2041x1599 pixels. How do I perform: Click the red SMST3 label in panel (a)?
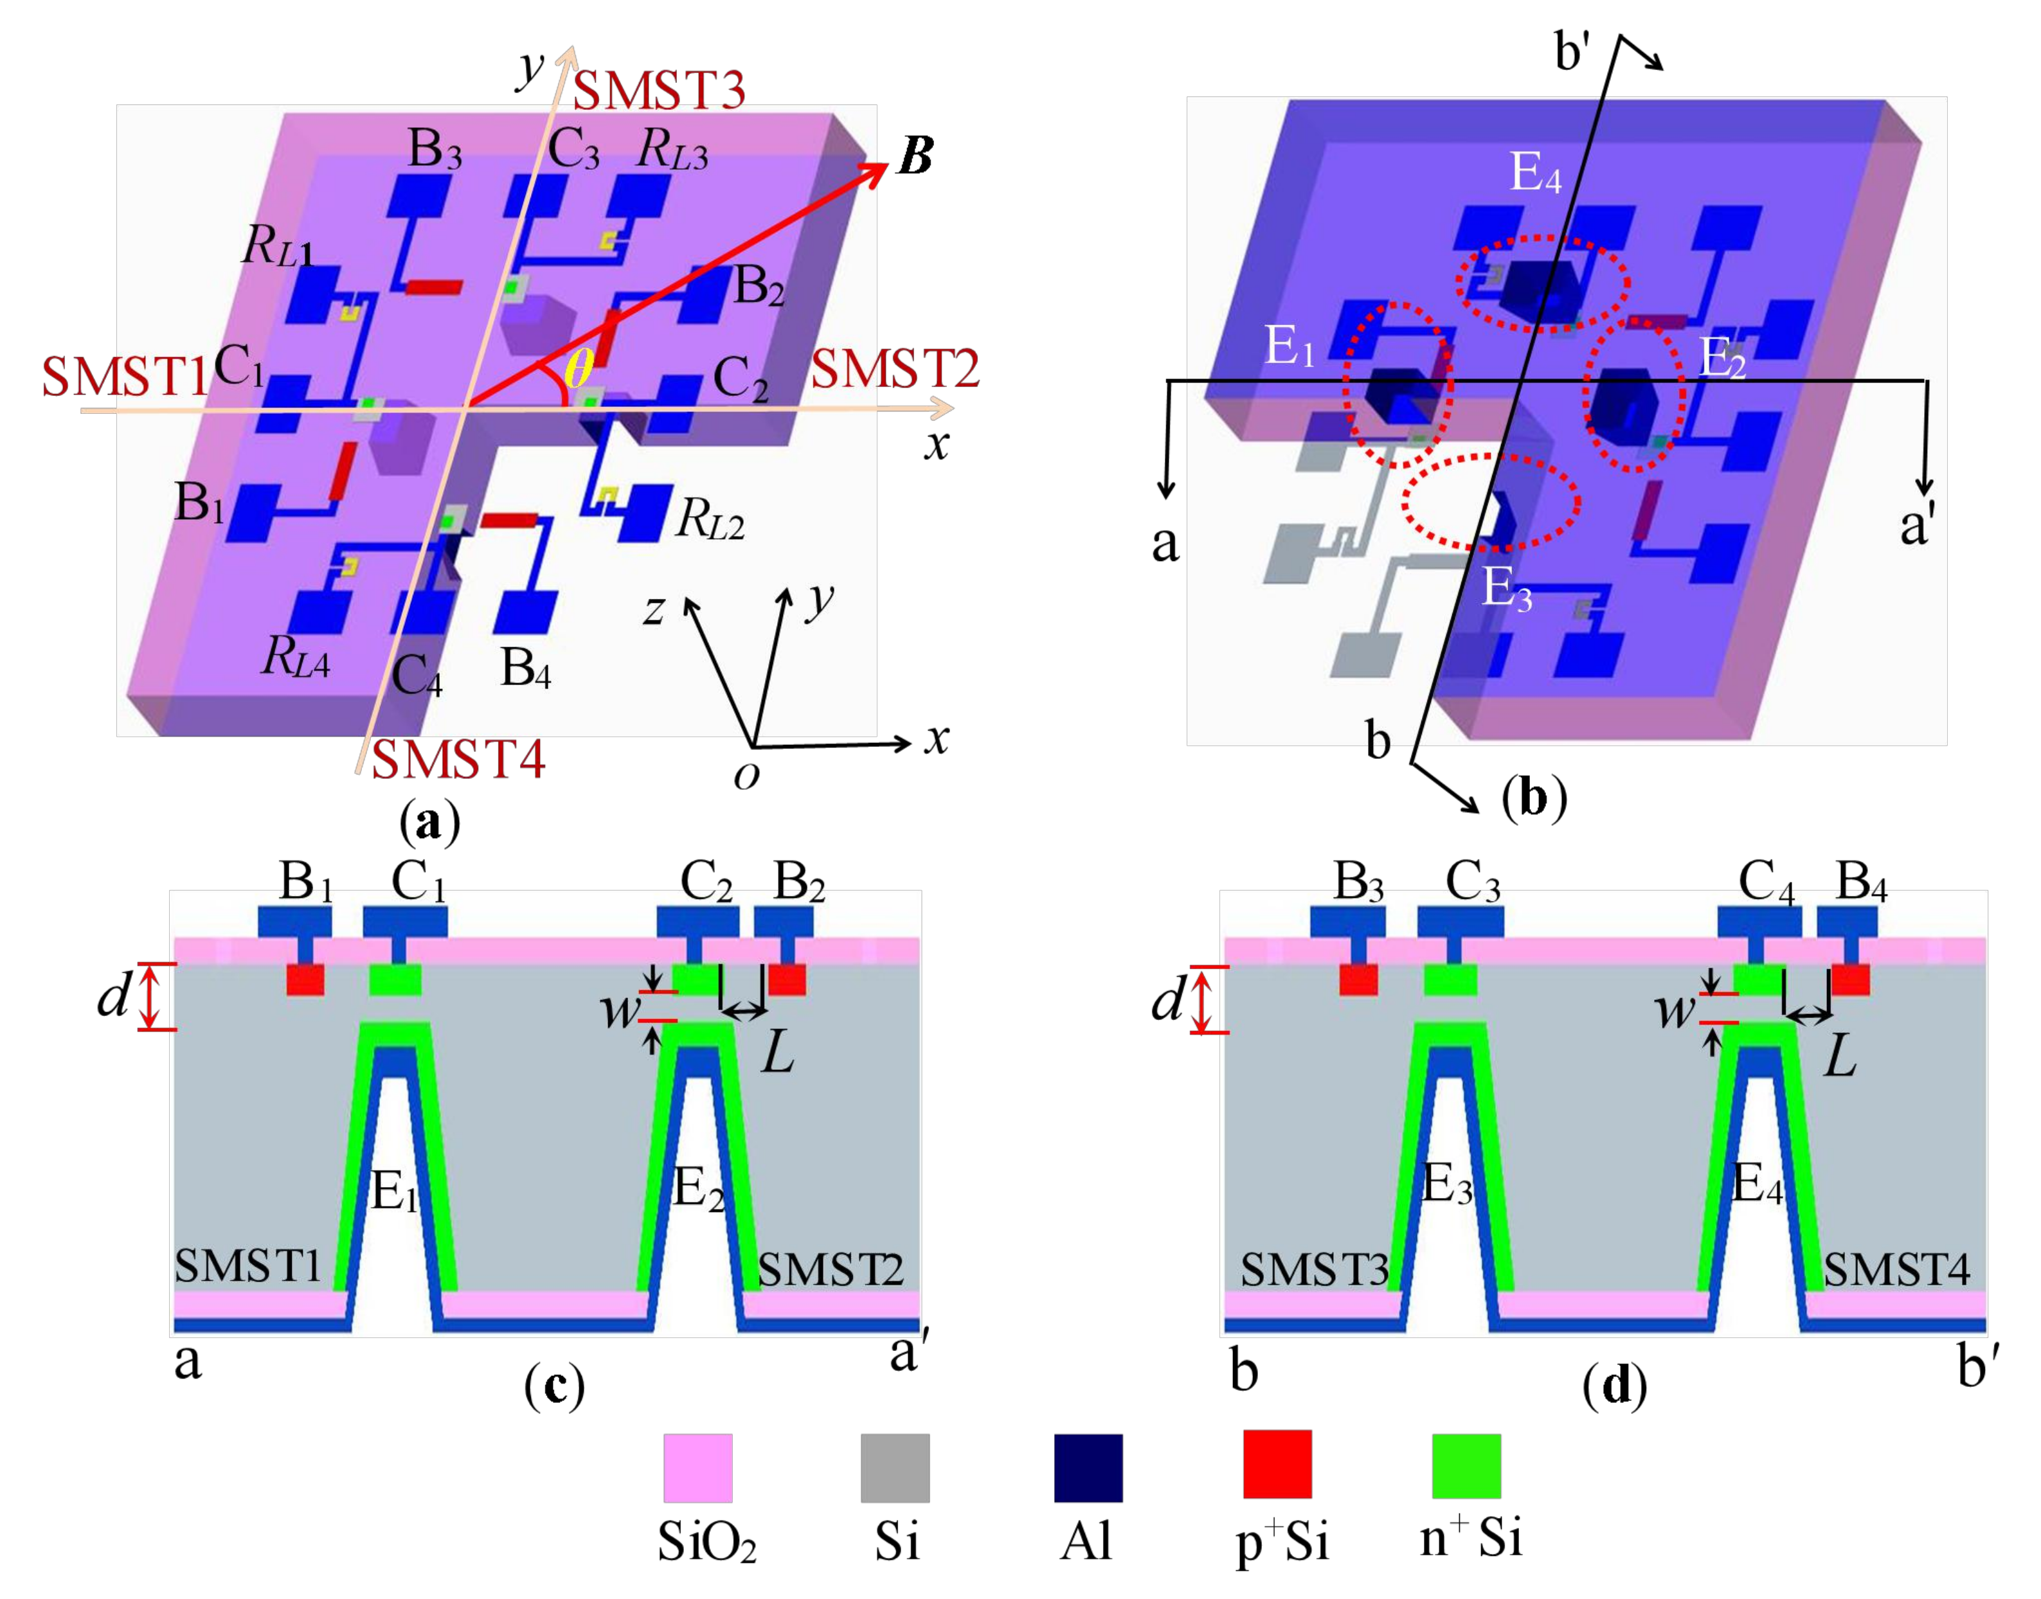[x=658, y=91]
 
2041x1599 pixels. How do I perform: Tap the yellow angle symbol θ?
[x=578, y=369]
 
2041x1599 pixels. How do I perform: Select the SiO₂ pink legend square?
[x=697, y=1467]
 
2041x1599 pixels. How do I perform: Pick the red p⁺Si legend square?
[x=1277, y=1463]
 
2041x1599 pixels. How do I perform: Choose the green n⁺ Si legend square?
[x=1466, y=1465]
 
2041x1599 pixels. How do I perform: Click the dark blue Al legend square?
[x=1088, y=1467]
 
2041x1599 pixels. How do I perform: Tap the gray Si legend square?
[x=895, y=1467]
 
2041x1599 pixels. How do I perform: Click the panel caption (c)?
[x=554, y=1386]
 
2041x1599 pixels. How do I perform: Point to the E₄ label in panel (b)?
[x=1536, y=173]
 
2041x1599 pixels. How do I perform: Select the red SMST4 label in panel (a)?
[x=458, y=758]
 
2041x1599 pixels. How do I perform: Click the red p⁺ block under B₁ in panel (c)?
[x=305, y=979]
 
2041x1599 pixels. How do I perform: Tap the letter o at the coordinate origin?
[x=746, y=775]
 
